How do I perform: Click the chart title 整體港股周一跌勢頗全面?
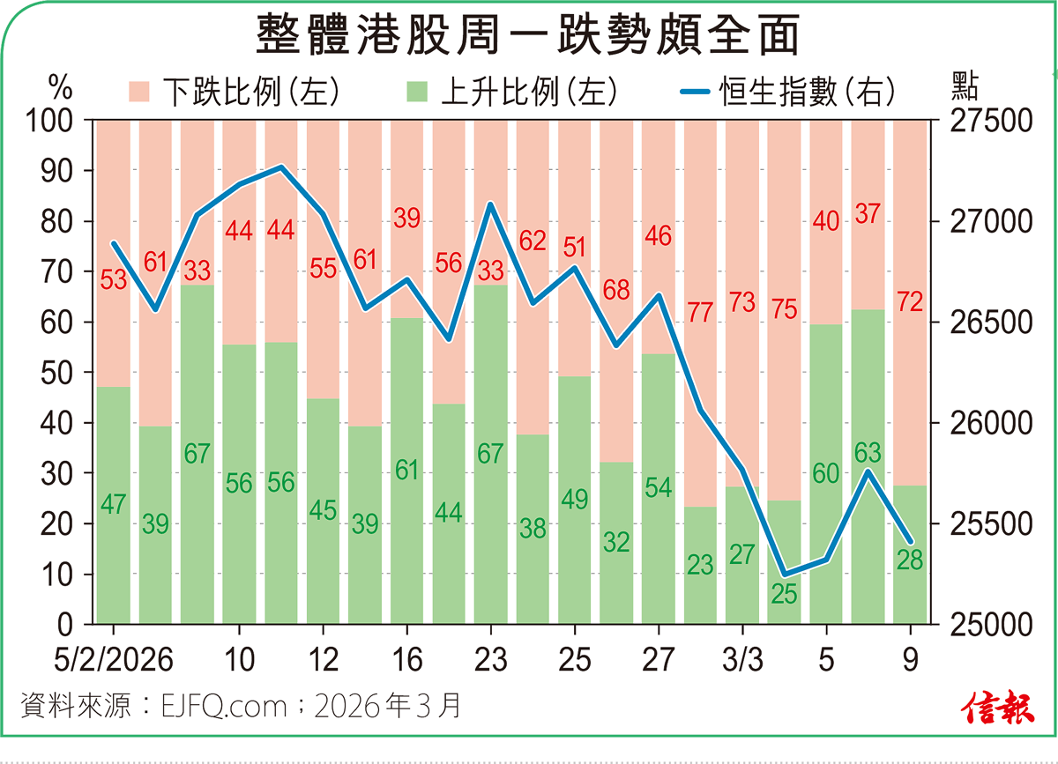tap(528, 38)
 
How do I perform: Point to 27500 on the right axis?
tap(993, 122)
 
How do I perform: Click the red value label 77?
tap(700, 313)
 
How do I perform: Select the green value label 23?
tap(700, 565)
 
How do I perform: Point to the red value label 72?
tap(909, 303)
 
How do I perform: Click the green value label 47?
tap(114, 505)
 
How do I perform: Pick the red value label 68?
tap(617, 290)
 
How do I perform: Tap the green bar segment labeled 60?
tap(826, 529)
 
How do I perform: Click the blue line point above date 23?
tap(490, 204)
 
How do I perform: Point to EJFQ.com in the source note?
tap(224, 706)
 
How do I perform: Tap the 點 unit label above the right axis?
tap(966, 86)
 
